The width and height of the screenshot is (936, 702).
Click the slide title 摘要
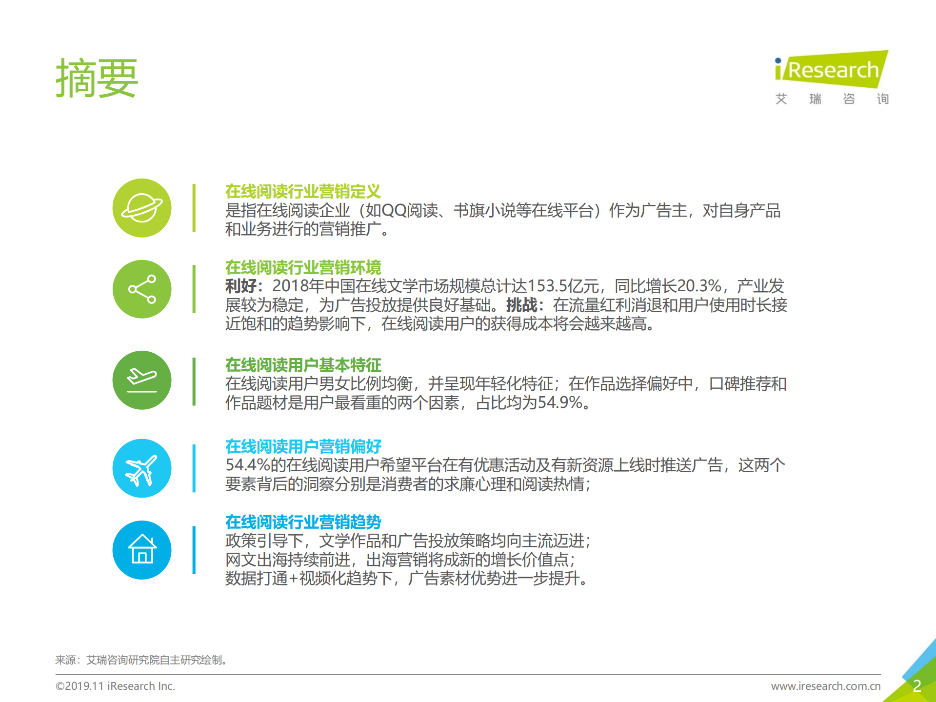click(x=97, y=79)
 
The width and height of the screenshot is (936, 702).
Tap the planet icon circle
click(x=142, y=208)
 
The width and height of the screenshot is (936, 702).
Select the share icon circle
click(x=142, y=289)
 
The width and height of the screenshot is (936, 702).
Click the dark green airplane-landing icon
click(x=142, y=380)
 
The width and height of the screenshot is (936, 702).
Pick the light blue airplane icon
click(x=142, y=468)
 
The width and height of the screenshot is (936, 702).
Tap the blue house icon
click(x=142, y=550)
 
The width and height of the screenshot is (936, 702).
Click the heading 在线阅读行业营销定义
click(x=303, y=191)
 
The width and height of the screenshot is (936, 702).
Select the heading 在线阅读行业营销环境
click(x=303, y=267)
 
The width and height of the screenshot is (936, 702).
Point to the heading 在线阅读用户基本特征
click(x=303, y=365)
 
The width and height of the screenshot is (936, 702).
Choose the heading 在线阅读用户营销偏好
click(x=303, y=446)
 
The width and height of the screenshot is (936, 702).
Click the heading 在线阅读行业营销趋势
click(x=303, y=522)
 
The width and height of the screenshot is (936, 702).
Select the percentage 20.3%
click(x=699, y=286)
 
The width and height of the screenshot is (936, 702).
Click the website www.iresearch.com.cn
click(x=826, y=686)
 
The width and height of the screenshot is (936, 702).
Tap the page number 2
click(x=916, y=686)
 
